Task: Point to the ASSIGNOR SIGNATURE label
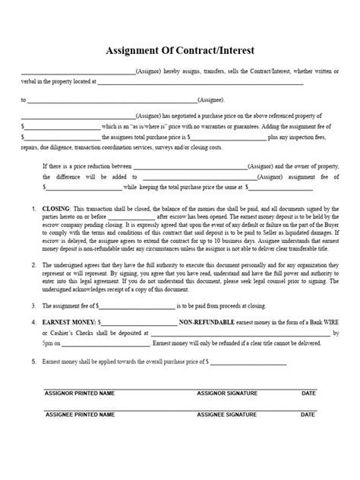pyautogui.click(x=227, y=393)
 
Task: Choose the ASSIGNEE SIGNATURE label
pyautogui.click(x=227, y=415)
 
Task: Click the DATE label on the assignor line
pyautogui.click(x=308, y=393)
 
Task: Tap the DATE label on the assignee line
pyautogui.click(x=308, y=415)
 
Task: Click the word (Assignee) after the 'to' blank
pyautogui.click(x=210, y=99)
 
